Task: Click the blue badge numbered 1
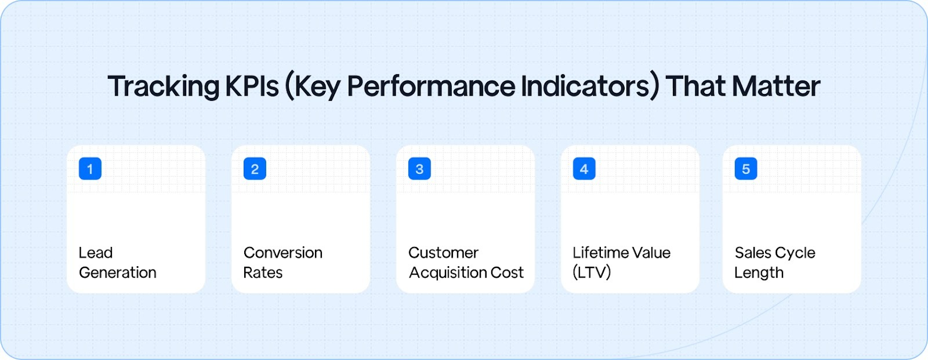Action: pyautogui.click(x=90, y=169)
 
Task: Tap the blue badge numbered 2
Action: pyautogui.click(x=255, y=169)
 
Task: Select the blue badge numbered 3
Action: pyautogui.click(x=419, y=169)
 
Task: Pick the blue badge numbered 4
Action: pyautogui.click(x=584, y=169)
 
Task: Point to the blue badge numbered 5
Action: pyautogui.click(x=746, y=169)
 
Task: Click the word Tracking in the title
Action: pyautogui.click(x=163, y=87)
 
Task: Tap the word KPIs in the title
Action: pyautogui.click(x=252, y=87)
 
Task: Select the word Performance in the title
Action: pyautogui.click(x=430, y=87)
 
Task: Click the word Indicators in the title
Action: pyautogui.click(x=589, y=87)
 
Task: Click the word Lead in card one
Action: pyautogui.click(x=96, y=253)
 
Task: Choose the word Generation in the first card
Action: pyautogui.click(x=118, y=272)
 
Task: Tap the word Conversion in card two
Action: pyautogui.click(x=283, y=253)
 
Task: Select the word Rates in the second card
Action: pyautogui.click(x=263, y=272)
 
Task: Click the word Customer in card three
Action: pyautogui.click(x=443, y=253)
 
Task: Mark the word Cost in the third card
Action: pyautogui.click(x=507, y=272)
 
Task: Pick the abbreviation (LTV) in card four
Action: pyautogui.click(x=592, y=272)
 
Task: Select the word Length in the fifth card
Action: pyautogui.click(x=759, y=272)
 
